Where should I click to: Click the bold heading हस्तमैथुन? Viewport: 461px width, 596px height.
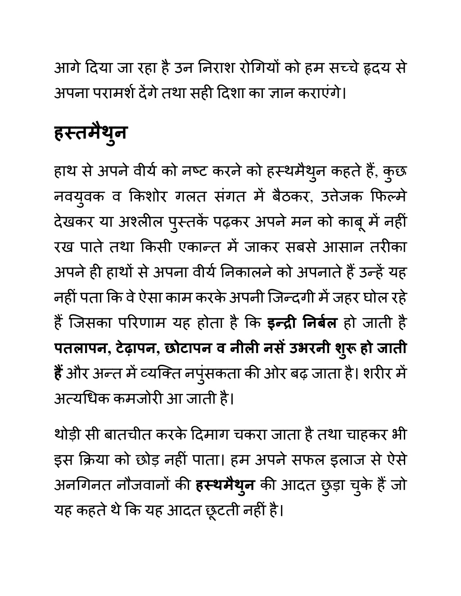(90, 134)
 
